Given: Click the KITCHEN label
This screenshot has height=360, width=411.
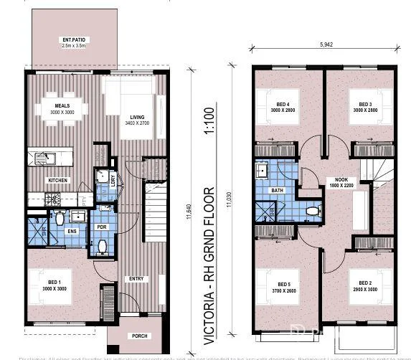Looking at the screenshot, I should [x=58, y=180].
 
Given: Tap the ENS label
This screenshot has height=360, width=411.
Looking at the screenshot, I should [x=72, y=232].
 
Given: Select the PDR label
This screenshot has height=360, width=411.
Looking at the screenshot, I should [x=102, y=227].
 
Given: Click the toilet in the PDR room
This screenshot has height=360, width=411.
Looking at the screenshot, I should [x=102, y=245].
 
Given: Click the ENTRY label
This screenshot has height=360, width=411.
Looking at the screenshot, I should [x=136, y=278].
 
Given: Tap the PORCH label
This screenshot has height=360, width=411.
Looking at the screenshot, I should [x=138, y=336].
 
